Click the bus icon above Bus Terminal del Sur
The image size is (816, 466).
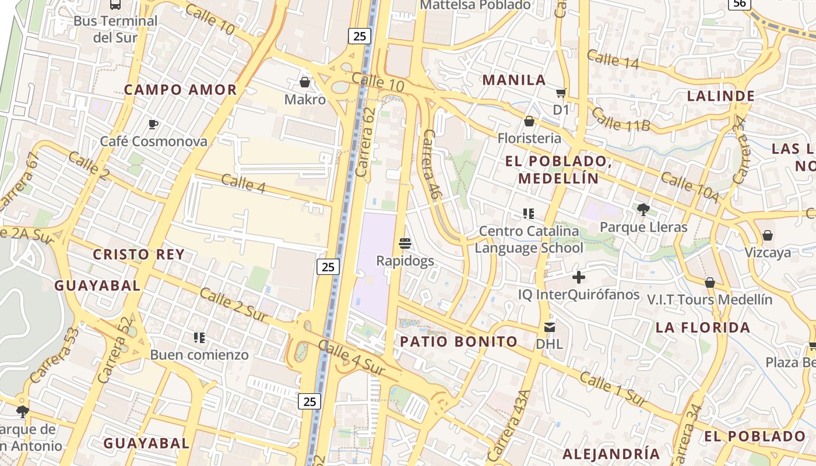pos(115,5)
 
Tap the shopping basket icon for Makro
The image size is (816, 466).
pos(304,82)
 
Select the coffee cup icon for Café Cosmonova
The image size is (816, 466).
pos(153,124)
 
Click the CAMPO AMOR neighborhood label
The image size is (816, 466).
pos(181,90)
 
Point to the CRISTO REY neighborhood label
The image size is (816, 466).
pos(139,255)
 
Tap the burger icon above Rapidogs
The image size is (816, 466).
pos(405,243)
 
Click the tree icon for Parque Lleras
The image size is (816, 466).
pos(643,210)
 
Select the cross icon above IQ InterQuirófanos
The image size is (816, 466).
pos(578,277)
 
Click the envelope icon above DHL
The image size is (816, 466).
pos(549,327)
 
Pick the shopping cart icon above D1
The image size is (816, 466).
pos(561,93)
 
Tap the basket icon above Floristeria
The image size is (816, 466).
pos(529,121)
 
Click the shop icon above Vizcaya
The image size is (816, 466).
pos(768,235)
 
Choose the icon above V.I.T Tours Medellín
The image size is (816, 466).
pos(709,283)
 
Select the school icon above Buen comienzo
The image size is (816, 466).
pos(199,337)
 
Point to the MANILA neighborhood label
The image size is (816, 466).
pos(514,80)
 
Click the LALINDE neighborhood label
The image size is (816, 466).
pos(721,96)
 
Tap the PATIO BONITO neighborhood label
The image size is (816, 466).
pos(459,342)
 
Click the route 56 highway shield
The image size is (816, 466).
pos(739,3)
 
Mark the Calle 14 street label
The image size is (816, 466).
pos(613,59)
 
